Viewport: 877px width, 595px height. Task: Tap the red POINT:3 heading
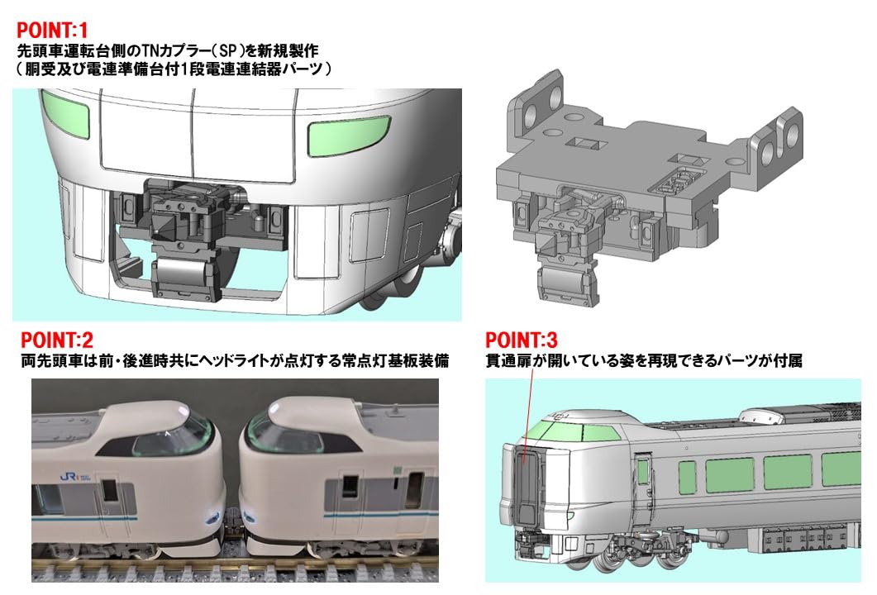pyautogui.click(x=522, y=340)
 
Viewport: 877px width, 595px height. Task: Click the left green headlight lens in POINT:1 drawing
pyautogui.click(x=65, y=108)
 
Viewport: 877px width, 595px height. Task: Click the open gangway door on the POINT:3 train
pyautogui.click(x=527, y=488)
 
